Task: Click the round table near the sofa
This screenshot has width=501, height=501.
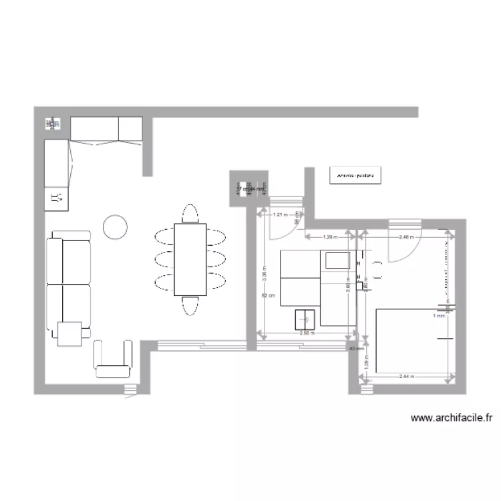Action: [x=115, y=227]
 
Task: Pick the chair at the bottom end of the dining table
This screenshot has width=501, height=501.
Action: [x=190, y=305]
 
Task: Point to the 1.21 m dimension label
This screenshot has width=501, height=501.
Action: [x=281, y=215]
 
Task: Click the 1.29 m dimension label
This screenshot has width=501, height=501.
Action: [x=330, y=237]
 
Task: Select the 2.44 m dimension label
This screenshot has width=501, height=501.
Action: [x=406, y=377]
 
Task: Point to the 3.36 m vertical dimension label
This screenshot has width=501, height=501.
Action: [x=266, y=274]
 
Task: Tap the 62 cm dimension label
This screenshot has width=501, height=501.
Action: [x=266, y=296]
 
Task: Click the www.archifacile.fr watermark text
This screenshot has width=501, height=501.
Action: [x=452, y=419]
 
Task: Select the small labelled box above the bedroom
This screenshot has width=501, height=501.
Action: [x=355, y=176]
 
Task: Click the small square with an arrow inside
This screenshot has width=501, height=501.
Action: [x=307, y=320]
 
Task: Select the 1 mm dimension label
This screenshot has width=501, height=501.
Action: [x=438, y=316]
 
